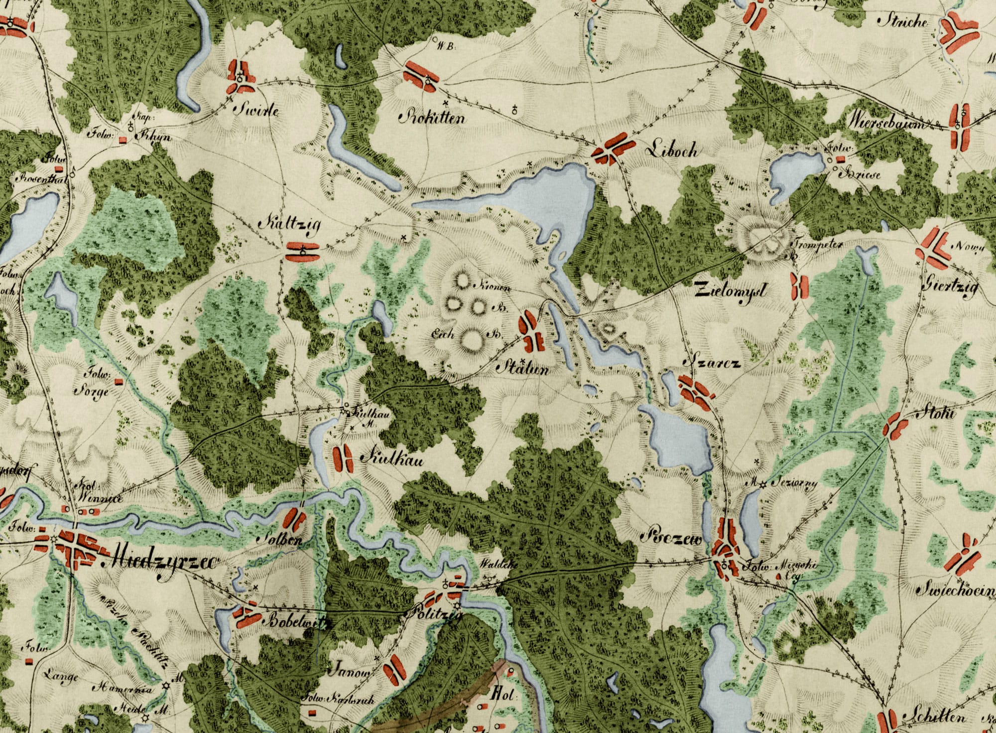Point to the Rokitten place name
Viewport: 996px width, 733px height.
(x=433, y=118)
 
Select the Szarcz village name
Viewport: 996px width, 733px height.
(x=716, y=363)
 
